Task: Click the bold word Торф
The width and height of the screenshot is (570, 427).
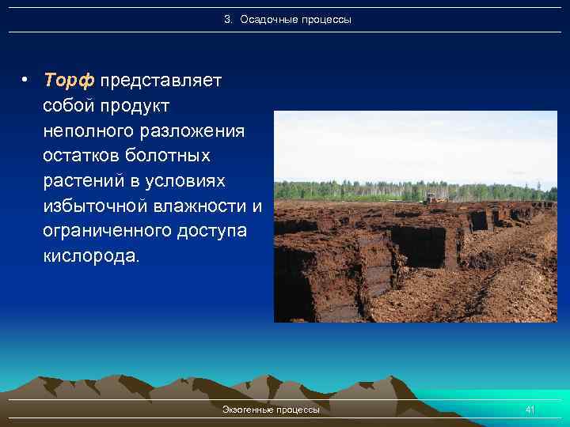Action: click(69, 81)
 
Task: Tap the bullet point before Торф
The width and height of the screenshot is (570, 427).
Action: click(26, 81)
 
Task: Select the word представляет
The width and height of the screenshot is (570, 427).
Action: click(161, 81)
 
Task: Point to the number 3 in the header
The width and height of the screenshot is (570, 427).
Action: click(226, 19)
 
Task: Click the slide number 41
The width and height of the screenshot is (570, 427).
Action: click(530, 410)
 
